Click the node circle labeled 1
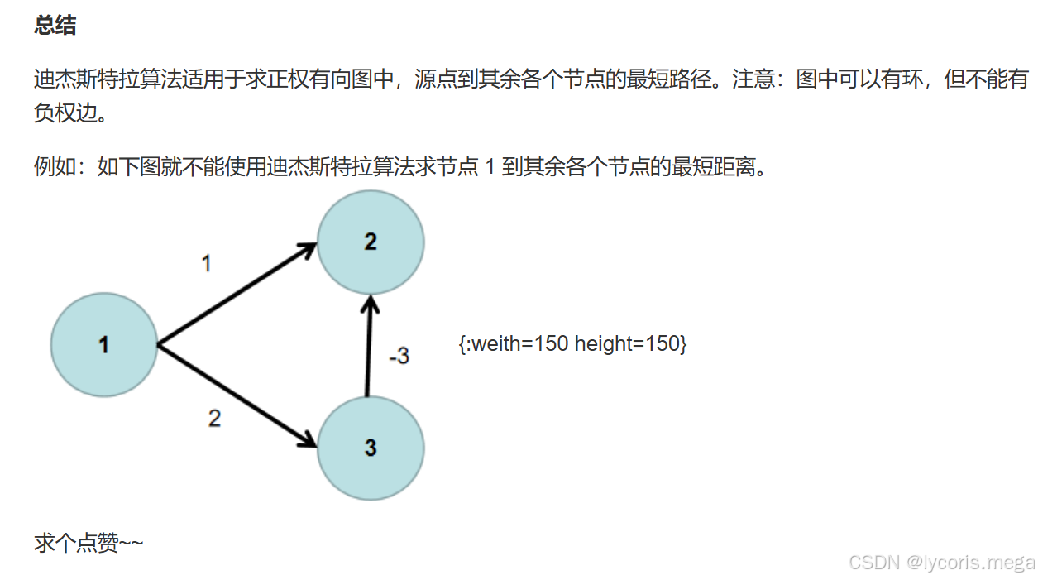click(x=103, y=344)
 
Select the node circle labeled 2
click(x=371, y=242)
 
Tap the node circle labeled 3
click(x=371, y=448)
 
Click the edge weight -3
click(x=399, y=356)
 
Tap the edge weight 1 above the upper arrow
click(x=206, y=263)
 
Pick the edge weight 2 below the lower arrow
click(x=214, y=419)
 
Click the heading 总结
click(x=55, y=26)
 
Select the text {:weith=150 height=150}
click(x=572, y=343)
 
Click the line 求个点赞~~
click(x=88, y=544)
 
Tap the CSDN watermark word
click(x=874, y=563)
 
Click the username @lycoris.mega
click(x=970, y=563)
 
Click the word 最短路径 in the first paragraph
click(x=669, y=79)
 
